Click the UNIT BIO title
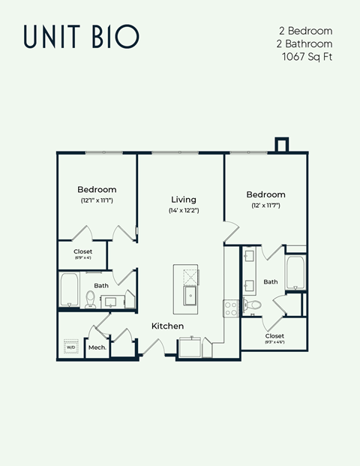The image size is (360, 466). pyautogui.click(x=80, y=36)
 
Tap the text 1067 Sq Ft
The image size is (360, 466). pyautogui.click(x=307, y=56)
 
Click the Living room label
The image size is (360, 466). pyautogui.click(x=183, y=200)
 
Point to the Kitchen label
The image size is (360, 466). pyautogui.click(x=168, y=326)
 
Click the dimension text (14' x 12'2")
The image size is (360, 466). pyautogui.click(x=183, y=211)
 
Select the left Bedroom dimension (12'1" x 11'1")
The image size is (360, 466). pyautogui.click(x=97, y=201)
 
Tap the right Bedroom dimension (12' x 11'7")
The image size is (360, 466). pyautogui.click(x=265, y=205)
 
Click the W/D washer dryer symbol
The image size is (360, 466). pyautogui.click(x=71, y=347)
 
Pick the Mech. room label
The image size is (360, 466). pyautogui.click(x=97, y=347)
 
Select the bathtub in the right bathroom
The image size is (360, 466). pyautogui.click(x=293, y=275)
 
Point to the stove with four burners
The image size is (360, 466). pyautogui.click(x=230, y=305)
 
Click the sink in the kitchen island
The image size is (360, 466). pyautogui.click(x=190, y=293)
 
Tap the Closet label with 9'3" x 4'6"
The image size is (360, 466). pyautogui.click(x=274, y=336)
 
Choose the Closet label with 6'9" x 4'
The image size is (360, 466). pyautogui.click(x=82, y=251)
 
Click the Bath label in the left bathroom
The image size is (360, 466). pyautogui.click(x=101, y=285)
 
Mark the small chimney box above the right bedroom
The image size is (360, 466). pyautogui.click(x=282, y=144)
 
